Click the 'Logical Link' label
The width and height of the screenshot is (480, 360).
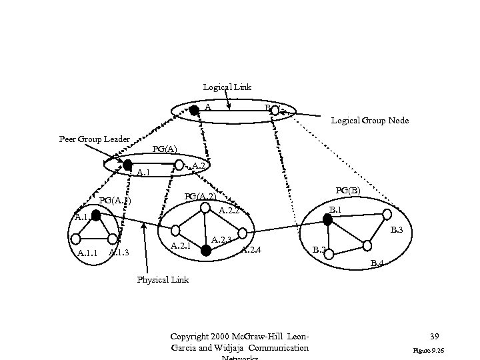point(227,87)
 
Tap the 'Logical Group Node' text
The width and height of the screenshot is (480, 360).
point(370,121)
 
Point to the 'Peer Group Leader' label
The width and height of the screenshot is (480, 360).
point(94,139)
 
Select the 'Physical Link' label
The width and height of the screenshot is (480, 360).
point(163,279)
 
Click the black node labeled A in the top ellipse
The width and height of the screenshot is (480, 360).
point(193,111)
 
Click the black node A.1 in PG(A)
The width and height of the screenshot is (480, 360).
point(127,163)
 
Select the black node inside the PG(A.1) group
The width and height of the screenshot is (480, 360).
point(96,215)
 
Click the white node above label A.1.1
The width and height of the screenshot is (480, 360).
point(76,237)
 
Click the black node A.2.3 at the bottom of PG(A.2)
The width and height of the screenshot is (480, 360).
point(206,250)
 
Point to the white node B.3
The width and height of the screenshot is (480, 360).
point(387,215)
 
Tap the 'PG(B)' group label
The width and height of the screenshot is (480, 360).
point(348,191)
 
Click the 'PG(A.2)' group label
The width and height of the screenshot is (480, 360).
point(199,196)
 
